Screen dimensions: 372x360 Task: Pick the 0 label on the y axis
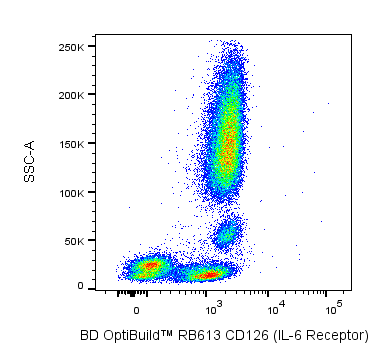[x=81, y=286]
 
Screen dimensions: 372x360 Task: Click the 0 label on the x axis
[x=136, y=311]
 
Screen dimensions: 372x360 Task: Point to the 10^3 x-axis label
[x=212, y=310]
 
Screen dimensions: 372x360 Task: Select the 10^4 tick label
[x=274, y=310]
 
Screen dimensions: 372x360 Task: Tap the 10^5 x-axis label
[x=332, y=310]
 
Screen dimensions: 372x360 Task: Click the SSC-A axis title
[x=29, y=161]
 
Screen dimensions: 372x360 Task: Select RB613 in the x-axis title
[x=199, y=335]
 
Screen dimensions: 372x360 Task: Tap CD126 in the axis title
[x=246, y=335]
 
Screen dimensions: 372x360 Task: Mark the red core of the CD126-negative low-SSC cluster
[x=151, y=266]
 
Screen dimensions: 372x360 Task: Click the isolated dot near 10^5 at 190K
[x=328, y=103]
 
